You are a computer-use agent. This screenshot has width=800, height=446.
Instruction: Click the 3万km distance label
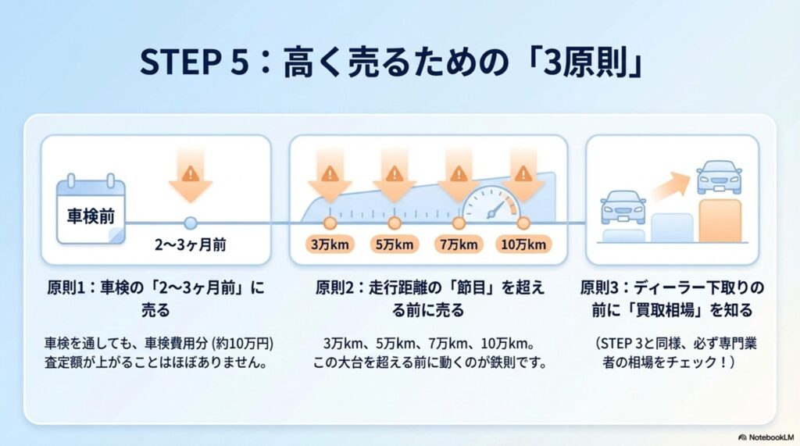(x=330, y=244)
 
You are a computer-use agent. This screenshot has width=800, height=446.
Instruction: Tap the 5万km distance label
(x=395, y=244)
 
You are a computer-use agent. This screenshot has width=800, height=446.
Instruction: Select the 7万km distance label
(x=459, y=244)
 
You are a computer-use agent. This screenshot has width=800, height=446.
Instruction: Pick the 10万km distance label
(x=523, y=244)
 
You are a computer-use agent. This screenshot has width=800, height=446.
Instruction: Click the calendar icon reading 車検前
(x=91, y=210)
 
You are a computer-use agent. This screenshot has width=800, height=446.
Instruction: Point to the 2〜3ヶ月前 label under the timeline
(x=191, y=245)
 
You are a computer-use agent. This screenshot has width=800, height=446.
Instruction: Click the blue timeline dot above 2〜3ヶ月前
(x=191, y=223)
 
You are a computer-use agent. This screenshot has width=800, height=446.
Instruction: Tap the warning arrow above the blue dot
(x=191, y=176)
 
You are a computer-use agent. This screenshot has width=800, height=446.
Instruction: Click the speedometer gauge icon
(x=491, y=204)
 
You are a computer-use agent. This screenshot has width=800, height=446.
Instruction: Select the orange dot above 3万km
(x=330, y=223)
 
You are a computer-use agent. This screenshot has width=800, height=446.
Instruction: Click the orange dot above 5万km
(x=395, y=223)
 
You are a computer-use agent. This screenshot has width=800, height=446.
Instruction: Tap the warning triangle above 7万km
(x=459, y=174)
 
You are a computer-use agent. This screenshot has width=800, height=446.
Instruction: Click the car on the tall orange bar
(x=719, y=177)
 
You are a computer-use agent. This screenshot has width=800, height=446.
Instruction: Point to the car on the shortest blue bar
(x=623, y=207)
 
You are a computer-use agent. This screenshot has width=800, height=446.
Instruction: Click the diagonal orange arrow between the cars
(x=670, y=186)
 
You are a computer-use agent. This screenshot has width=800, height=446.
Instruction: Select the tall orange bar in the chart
(x=720, y=220)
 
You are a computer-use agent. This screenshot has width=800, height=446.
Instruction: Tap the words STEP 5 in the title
(x=194, y=62)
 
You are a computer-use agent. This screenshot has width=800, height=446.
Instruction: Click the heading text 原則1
(x=66, y=288)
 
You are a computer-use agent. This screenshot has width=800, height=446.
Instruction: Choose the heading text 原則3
(x=599, y=288)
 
